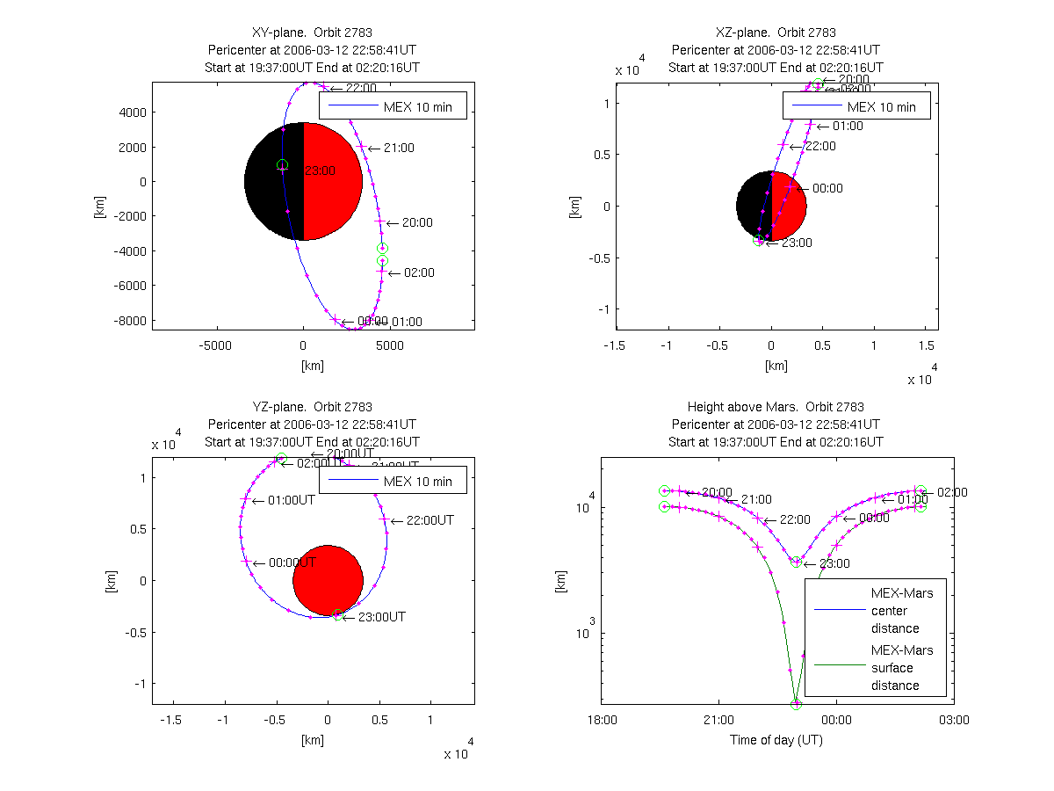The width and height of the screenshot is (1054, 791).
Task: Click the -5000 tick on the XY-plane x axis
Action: click(215, 345)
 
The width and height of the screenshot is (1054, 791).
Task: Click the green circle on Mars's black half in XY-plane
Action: click(282, 165)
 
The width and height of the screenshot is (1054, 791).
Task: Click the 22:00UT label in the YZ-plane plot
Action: click(430, 520)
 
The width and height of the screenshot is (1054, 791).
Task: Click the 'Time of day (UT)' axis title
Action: click(776, 740)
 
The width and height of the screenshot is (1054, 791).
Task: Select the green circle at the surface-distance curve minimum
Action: click(796, 704)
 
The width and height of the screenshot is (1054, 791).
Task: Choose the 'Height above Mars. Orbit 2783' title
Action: click(776, 407)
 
